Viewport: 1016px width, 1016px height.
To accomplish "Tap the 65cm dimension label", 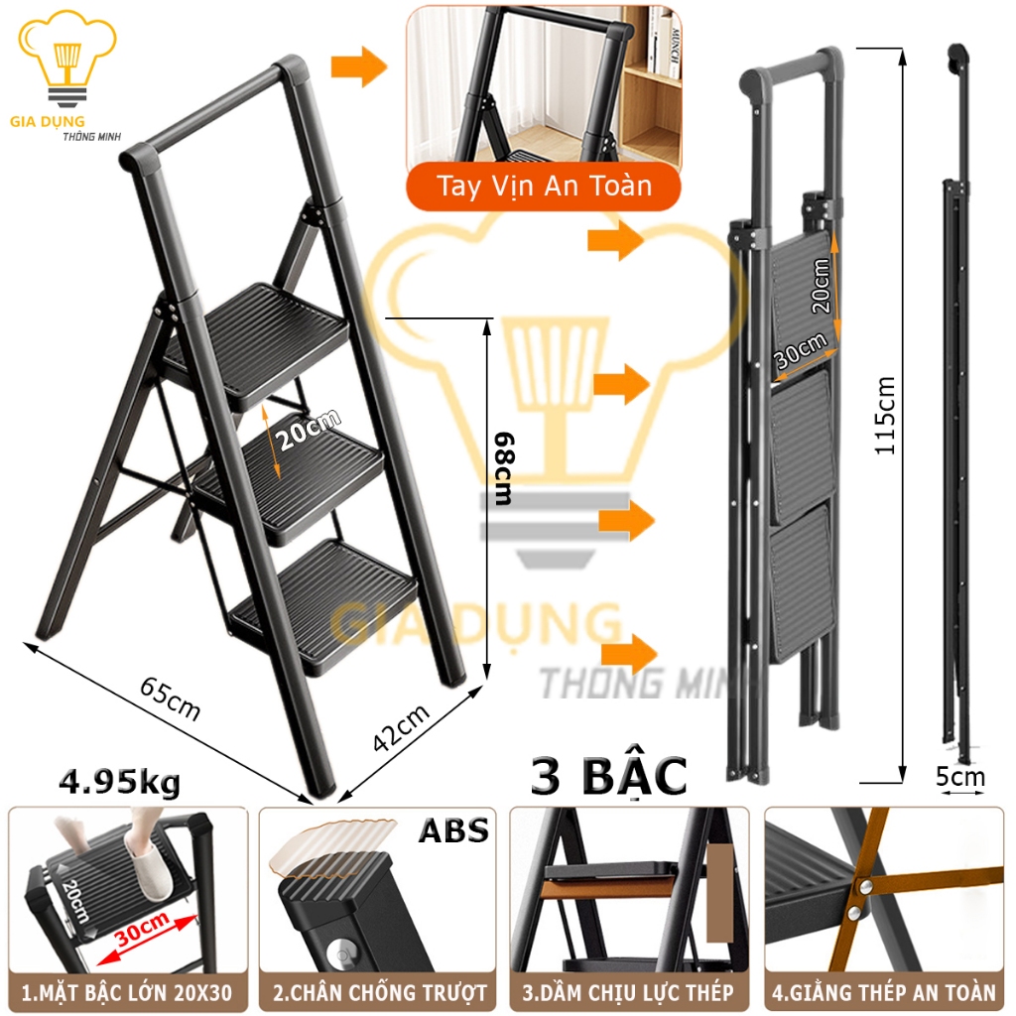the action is click(171, 698).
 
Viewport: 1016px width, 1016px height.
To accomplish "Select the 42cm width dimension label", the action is click(402, 727).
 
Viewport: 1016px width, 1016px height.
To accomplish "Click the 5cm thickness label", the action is click(959, 776).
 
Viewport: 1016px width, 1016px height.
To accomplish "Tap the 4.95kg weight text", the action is click(120, 782).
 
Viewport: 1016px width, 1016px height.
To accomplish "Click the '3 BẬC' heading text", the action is click(608, 776).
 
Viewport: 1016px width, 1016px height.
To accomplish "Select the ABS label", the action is click(453, 830).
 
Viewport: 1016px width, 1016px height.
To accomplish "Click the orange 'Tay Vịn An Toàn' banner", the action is click(544, 187).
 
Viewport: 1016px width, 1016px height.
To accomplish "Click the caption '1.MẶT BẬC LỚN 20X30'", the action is click(127, 992).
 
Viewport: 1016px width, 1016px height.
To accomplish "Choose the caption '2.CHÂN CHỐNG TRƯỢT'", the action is click(379, 992).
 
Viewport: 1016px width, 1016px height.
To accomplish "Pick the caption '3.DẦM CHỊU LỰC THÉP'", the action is click(628, 992).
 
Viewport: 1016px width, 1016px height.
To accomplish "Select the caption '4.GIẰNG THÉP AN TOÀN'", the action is click(884, 992).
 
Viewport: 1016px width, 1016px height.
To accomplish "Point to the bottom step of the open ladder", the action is click(324, 606).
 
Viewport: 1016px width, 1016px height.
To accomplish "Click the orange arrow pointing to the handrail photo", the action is click(359, 66).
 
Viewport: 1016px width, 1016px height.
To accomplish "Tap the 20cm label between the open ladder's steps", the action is click(308, 429).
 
